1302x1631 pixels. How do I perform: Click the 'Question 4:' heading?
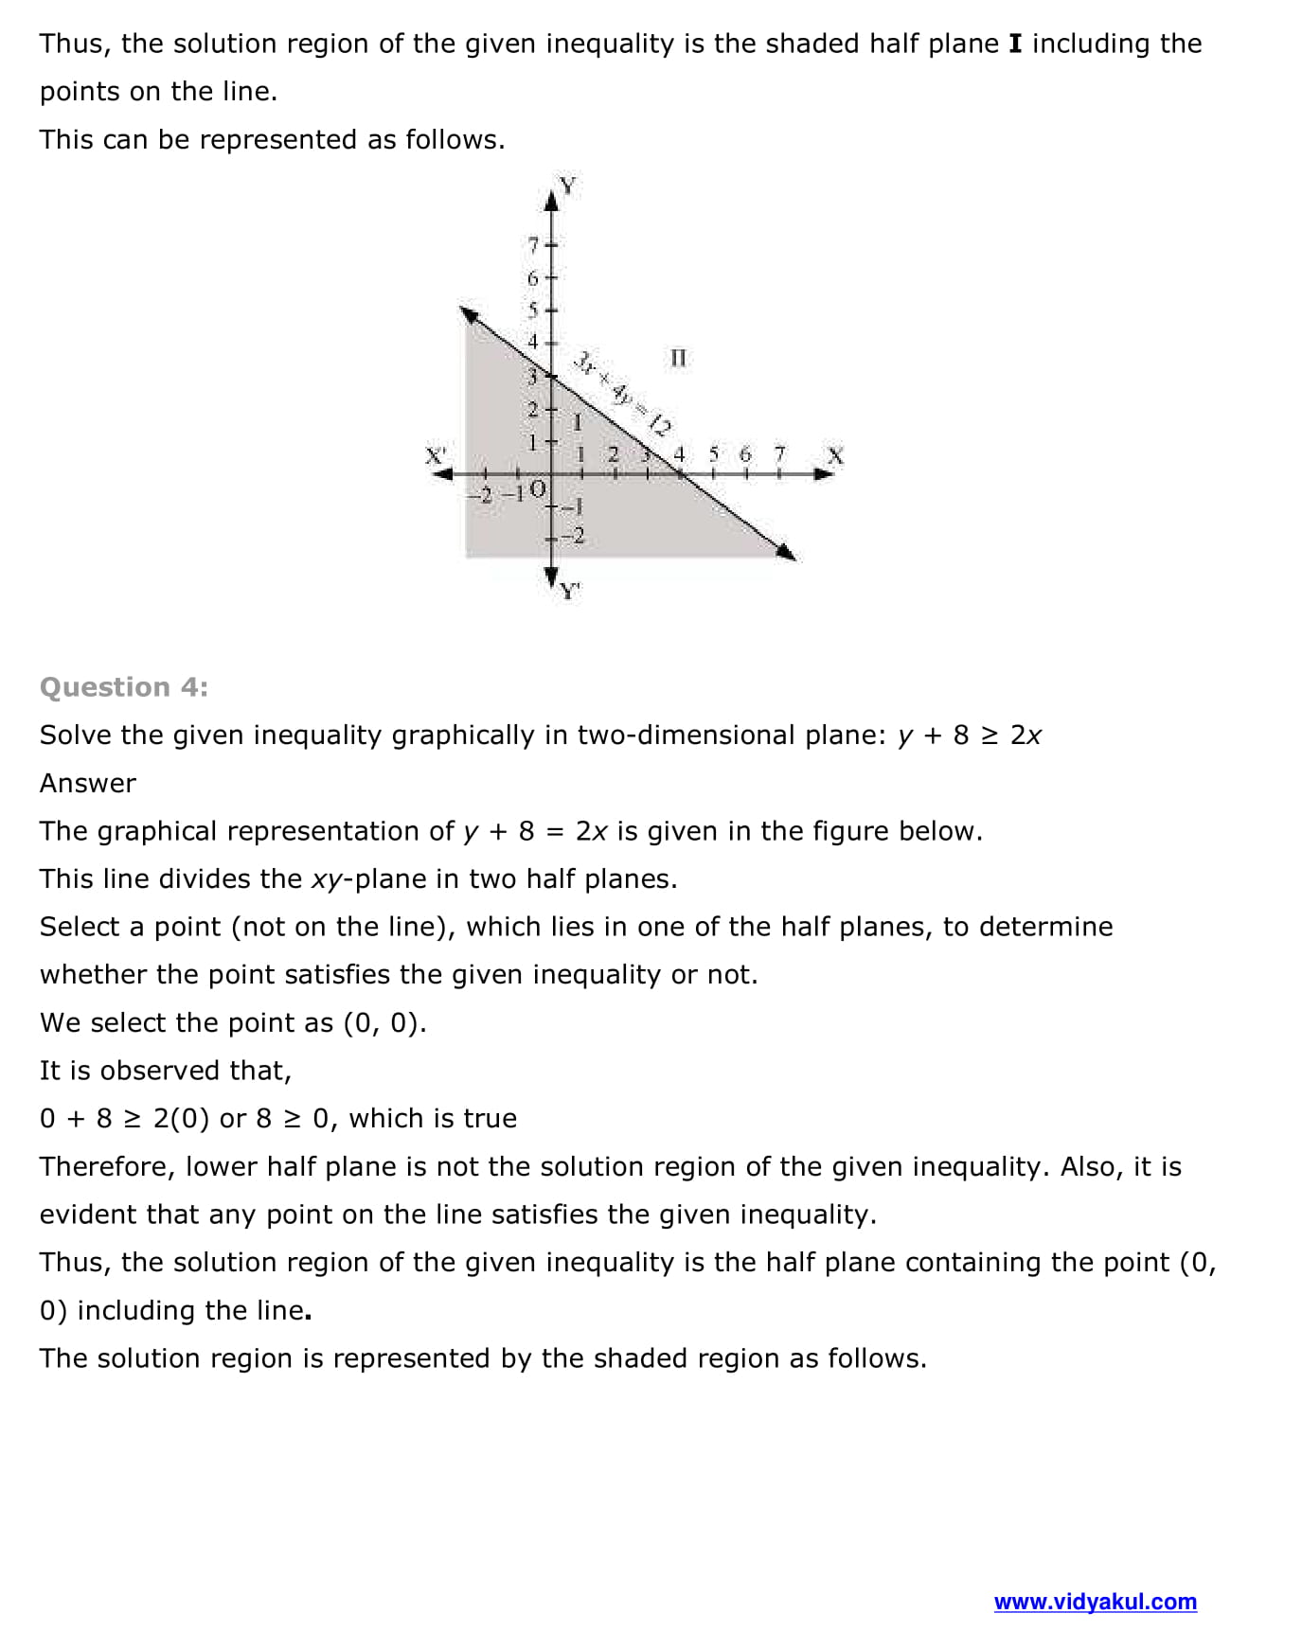(124, 687)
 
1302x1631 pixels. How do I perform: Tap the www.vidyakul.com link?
(1095, 1602)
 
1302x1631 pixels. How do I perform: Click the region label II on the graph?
(678, 358)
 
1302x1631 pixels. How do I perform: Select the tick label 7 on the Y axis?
(533, 245)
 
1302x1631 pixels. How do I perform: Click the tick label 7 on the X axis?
(779, 454)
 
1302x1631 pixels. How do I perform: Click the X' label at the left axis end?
(436, 455)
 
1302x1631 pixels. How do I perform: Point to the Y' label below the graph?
(569, 592)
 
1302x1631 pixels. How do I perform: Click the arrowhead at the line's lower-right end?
(786, 552)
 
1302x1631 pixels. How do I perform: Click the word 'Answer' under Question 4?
(88, 784)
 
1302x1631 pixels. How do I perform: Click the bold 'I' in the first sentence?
(1016, 44)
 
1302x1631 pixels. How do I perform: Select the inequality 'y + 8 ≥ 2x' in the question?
(969, 736)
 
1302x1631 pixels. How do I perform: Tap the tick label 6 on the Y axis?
(533, 278)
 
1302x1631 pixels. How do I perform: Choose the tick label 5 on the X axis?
(714, 454)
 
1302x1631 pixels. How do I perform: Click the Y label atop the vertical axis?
(567, 185)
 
